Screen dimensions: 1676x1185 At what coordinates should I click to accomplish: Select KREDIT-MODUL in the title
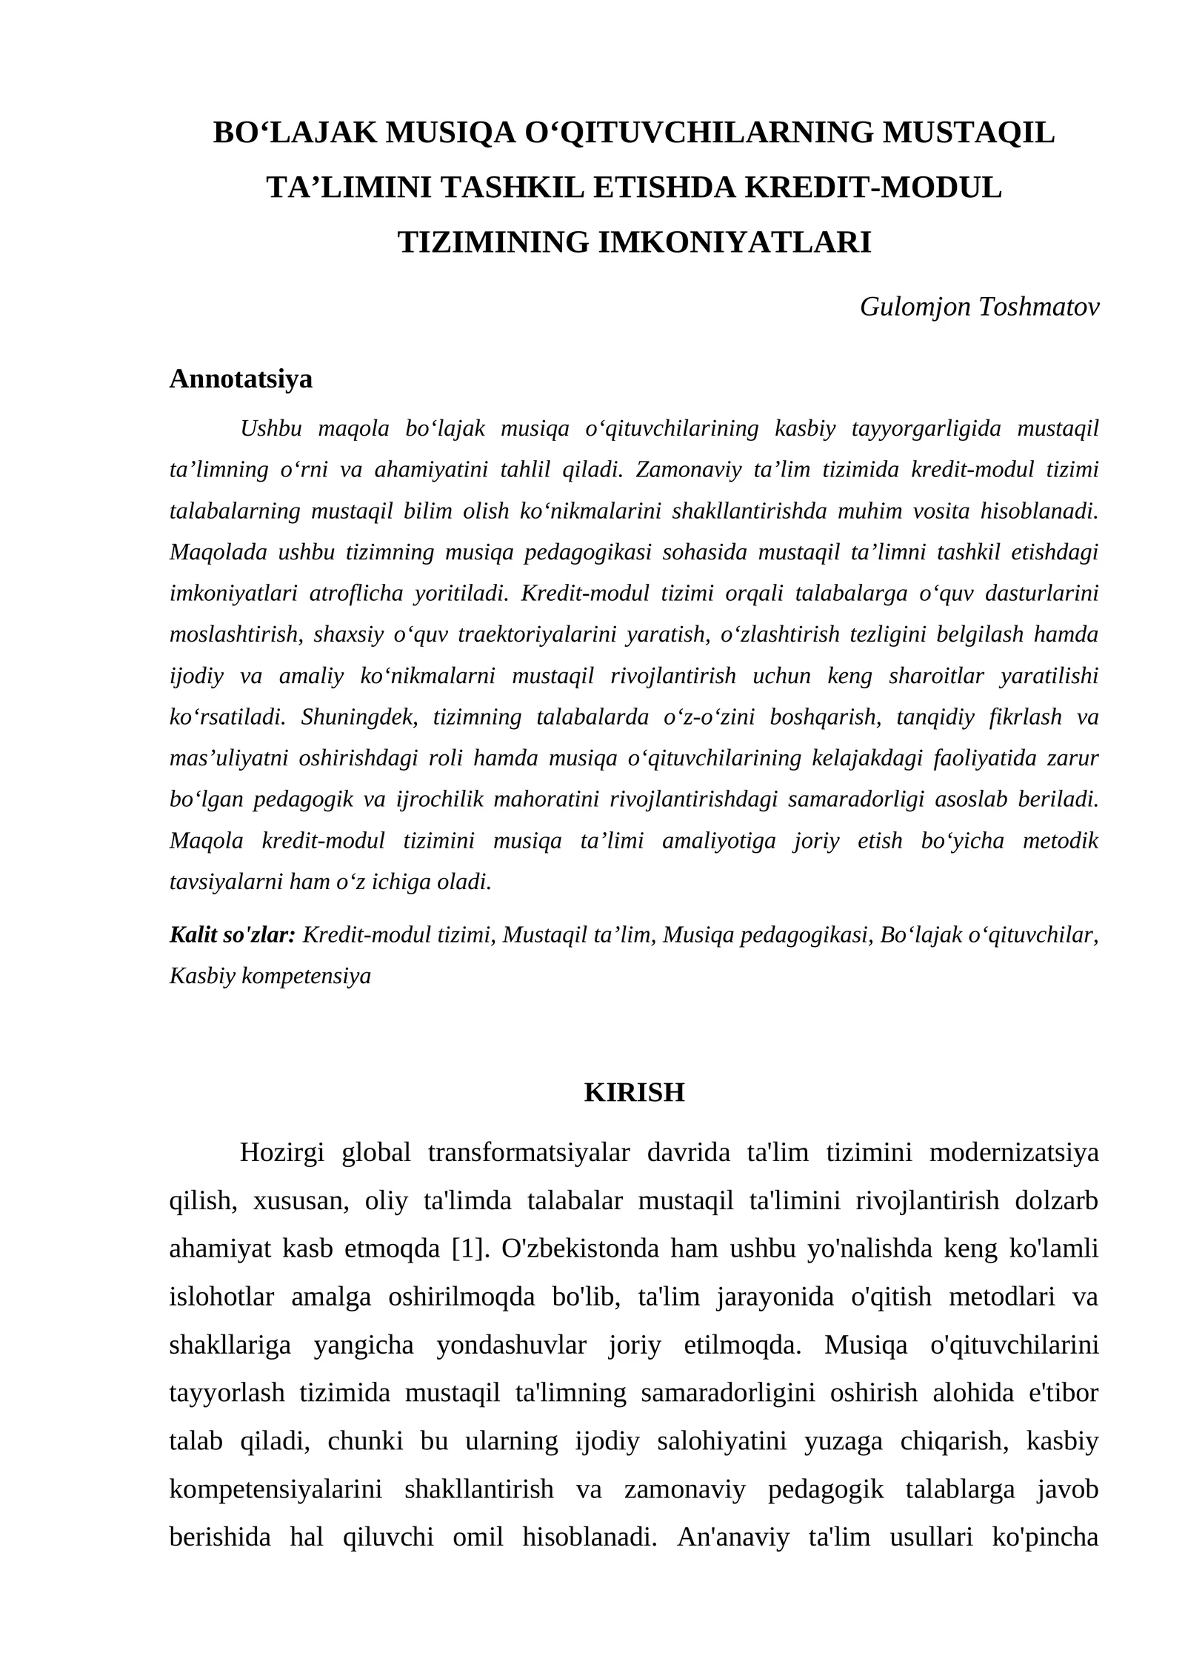[x=872, y=187]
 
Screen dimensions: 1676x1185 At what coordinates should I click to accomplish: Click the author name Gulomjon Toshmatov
[x=979, y=307]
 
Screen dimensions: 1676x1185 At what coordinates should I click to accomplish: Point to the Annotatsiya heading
[x=241, y=379]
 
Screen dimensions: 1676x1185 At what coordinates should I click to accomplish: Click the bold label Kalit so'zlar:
[x=233, y=935]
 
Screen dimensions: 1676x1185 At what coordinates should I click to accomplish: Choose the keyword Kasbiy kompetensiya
[x=270, y=976]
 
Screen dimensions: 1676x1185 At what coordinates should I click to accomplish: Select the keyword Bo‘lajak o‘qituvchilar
[x=989, y=935]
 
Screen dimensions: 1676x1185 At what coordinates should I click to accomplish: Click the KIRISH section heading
[x=634, y=1093]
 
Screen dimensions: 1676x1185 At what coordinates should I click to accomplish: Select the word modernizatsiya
[x=1013, y=1153]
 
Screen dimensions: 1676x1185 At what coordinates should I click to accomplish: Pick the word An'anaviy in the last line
[x=733, y=1538]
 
